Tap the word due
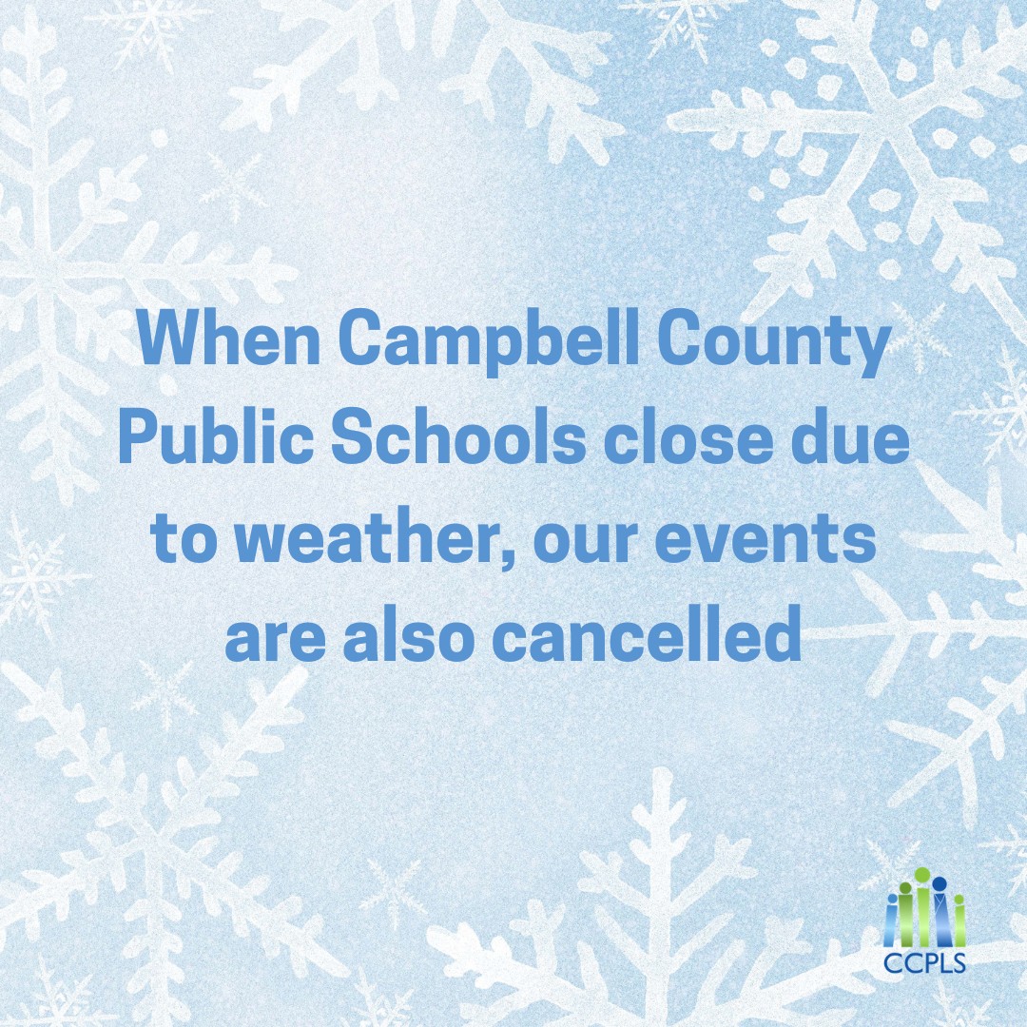tap(853, 441)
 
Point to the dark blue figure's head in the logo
tap(940, 883)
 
